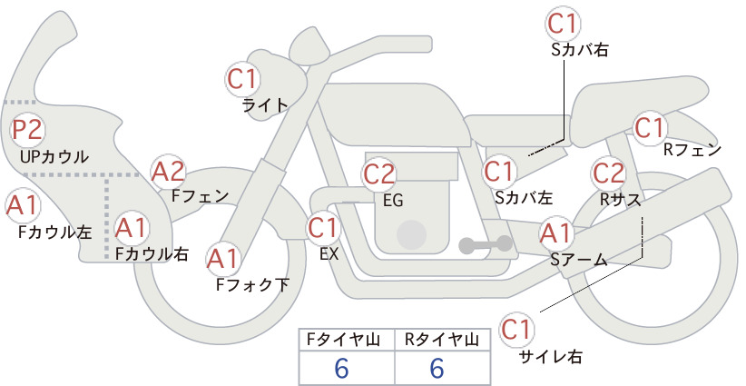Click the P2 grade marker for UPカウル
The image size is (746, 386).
[x=27, y=130]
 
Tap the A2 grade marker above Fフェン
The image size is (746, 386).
[x=168, y=172]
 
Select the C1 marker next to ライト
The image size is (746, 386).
[x=242, y=80]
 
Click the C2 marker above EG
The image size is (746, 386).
[x=379, y=174]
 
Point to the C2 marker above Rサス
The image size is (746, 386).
[x=608, y=173]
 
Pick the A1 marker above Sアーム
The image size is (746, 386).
[x=555, y=233]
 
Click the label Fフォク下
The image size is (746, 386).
[x=252, y=284]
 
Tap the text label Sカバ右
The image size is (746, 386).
[x=580, y=50]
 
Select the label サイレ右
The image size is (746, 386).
[x=551, y=355]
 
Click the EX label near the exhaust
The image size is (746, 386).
[x=329, y=254]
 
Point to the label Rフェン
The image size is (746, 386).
[x=692, y=151]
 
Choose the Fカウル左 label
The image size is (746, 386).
[x=54, y=232]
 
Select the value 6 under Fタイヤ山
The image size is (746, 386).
[x=342, y=368]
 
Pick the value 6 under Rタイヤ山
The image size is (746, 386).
[x=437, y=368]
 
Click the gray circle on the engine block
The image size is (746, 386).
[x=412, y=235]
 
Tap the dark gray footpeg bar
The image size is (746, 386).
[x=486, y=244]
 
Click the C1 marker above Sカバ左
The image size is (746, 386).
[x=499, y=172]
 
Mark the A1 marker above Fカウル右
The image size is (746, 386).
[x=131, y=228]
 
